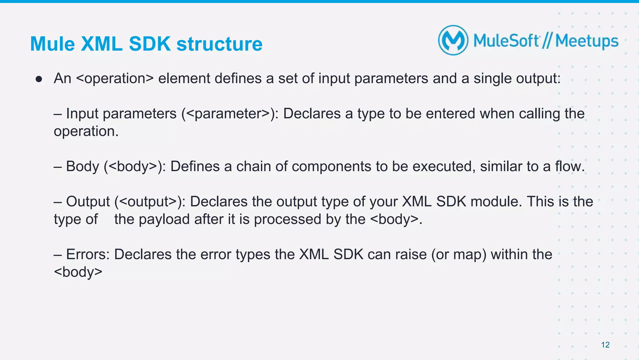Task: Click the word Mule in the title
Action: (x=52, y=44)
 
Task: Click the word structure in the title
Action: (x=219, y=44)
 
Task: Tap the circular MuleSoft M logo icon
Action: (x=453, y=40)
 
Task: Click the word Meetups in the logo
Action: (x=587, y=41)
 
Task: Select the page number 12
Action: (x=605, y=345)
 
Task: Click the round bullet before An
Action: (x=39, y=79)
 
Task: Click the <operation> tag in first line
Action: (x=115, y=78)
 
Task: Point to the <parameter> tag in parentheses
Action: (x=228, y=114)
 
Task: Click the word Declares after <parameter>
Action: (x=312, y=114)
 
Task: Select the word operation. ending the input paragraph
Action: (x=86, y=131)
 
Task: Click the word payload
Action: (x=164, y=219)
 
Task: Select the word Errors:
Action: (x=88, y=254)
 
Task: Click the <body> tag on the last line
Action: (x=78, y=272)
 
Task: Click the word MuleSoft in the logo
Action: (x=506, y=41)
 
